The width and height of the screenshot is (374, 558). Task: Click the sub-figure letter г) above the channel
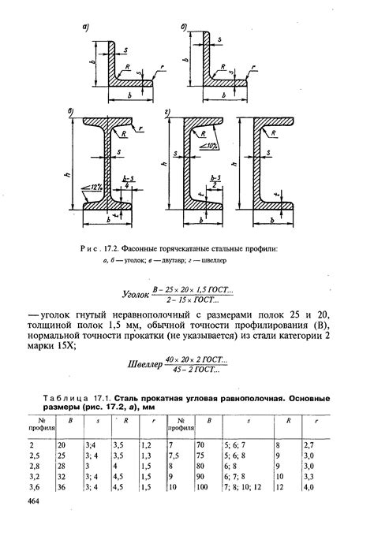pyautogui.click(x=166, y=116)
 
